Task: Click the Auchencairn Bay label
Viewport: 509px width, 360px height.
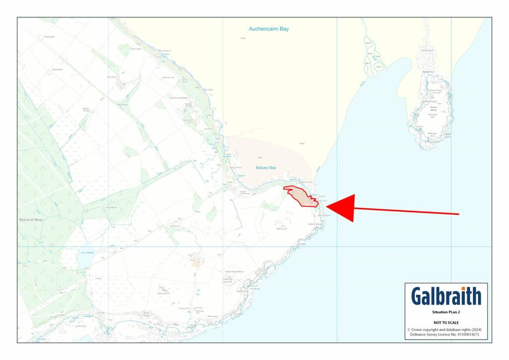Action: (269, 29)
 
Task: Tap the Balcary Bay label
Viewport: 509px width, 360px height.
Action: (265, 168)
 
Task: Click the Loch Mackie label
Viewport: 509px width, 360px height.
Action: (87, 253)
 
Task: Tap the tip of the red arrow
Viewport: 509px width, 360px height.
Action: (327, 208)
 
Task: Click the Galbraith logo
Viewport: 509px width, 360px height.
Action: (446, 296)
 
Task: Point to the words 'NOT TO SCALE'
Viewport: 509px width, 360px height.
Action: (446, 323)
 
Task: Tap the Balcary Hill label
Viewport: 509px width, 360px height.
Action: (282, 229)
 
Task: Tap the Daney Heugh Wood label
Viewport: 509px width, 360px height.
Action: (234, 271)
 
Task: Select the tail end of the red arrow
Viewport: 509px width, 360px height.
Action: (458, 214)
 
